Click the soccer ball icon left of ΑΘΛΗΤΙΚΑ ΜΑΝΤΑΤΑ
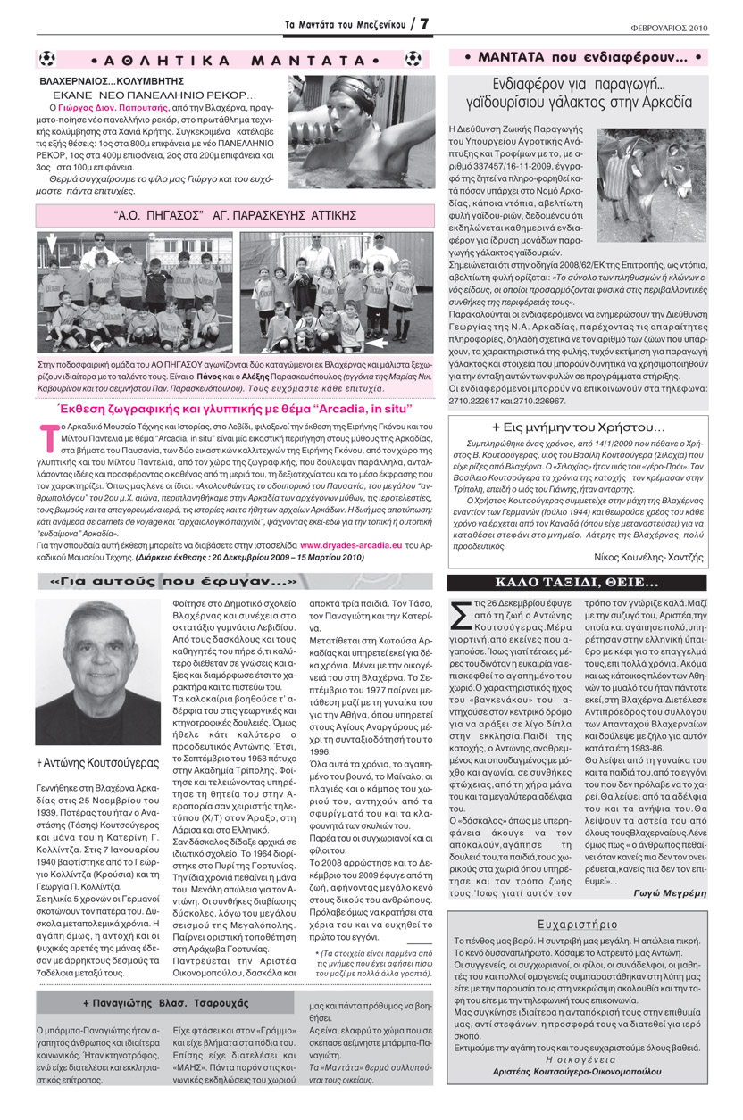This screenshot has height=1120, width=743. [47, 60]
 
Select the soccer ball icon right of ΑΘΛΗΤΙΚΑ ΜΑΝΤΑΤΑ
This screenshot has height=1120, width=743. [413, 60]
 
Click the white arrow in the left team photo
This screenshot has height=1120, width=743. [50, 241]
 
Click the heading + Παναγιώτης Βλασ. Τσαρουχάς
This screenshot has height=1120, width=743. [166, 1003]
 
